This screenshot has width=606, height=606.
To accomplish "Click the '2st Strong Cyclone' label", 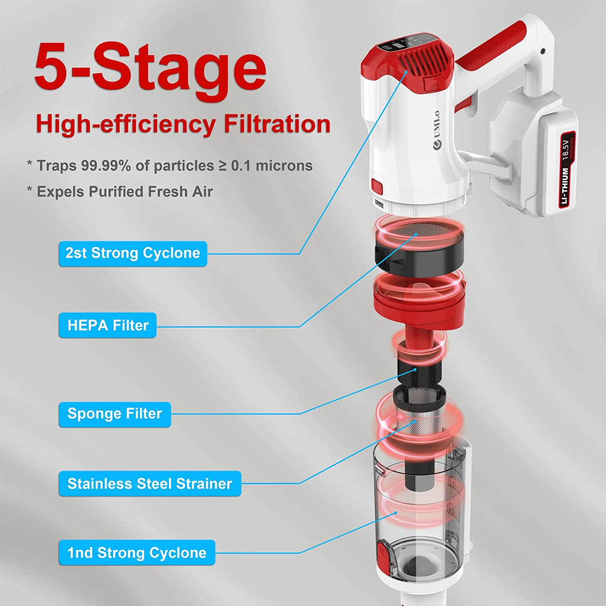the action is [x=133, y=253].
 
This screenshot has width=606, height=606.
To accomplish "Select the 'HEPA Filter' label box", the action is [x=108, y=325].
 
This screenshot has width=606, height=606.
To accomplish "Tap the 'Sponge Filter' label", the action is [x=115, y=414].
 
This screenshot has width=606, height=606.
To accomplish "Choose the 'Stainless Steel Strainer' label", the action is [x=150, y=483].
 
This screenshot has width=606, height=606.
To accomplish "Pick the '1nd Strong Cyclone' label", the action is [x=137, y=553].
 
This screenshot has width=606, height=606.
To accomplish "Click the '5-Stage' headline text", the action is [x=150, y=69].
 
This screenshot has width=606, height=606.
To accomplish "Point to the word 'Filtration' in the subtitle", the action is [x=277, y=124].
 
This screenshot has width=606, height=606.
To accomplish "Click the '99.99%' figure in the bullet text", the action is [x=106, y=166].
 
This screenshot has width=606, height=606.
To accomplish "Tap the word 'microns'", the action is [x=284, y=166].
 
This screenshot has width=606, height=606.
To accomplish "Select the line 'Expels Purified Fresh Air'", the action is [x=124, y=192].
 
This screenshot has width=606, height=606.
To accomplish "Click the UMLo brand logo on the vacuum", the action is [x=437, y=130].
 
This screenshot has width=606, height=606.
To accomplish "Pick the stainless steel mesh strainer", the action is [x=420, y=414].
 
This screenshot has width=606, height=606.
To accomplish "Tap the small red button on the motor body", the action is [x=377, y=186].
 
